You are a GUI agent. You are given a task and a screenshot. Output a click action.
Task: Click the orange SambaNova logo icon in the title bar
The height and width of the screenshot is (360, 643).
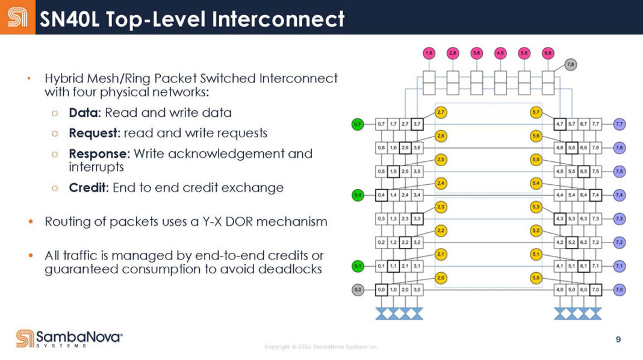point(17,17)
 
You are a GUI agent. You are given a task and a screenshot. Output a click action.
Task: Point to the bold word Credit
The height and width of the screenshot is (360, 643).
point(88,187)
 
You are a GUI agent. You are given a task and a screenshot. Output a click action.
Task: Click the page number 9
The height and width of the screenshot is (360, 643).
point(618,340)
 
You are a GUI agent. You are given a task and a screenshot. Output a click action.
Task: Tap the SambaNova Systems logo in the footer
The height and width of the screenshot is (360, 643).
point(69,338)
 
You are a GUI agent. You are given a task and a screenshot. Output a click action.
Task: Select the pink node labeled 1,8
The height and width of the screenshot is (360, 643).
point(429,53)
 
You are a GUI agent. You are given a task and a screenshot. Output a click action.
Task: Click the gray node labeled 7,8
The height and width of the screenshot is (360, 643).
point(571,64)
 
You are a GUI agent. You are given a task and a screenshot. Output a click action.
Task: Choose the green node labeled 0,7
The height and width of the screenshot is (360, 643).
point(358,125)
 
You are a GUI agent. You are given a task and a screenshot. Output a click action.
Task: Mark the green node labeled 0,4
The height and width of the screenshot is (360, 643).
point(358,194)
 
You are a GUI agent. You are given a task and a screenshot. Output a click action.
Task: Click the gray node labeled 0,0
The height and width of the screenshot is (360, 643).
point(358,290)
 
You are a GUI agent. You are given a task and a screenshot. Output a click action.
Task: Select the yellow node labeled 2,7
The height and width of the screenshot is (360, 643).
point(441,113)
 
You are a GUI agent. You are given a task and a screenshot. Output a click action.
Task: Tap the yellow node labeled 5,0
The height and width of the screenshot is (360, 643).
point(536,278)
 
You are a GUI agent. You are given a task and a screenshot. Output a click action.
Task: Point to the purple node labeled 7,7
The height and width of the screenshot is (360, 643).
point(619,125)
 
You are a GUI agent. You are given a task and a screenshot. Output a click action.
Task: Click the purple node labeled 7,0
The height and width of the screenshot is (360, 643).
point(619,290)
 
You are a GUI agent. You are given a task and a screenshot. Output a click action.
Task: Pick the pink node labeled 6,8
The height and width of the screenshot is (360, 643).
point(547,53)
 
